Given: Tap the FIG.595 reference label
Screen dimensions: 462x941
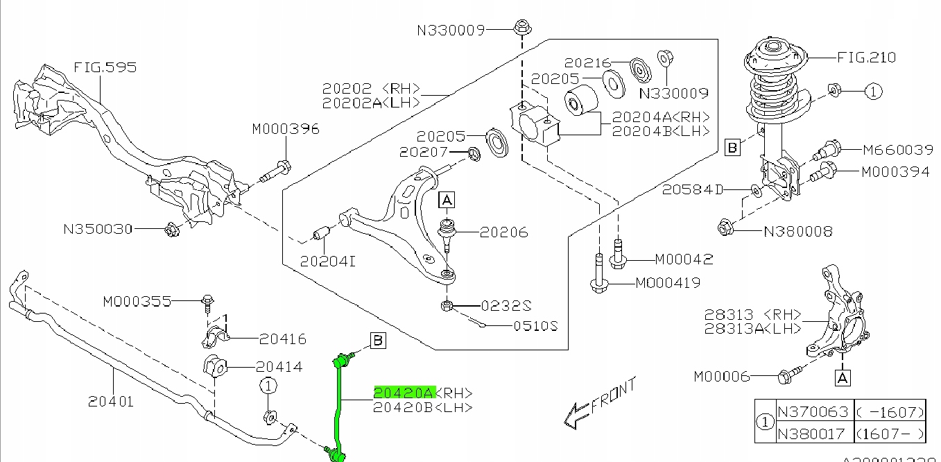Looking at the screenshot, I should pyautogui.click(x=105, y=67).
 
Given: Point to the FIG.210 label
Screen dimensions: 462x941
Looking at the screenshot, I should pyautogui.click(x=866, y=58).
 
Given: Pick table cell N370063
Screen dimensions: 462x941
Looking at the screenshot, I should pyautogui.click(x=813, y=413).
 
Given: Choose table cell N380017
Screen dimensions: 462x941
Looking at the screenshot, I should pyautogui.click(x=813, y=434).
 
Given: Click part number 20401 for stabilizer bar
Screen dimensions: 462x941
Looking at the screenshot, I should pyautogui.click(x=111, y=400).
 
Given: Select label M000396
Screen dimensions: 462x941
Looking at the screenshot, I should pyautogui.click(x=286, y=129).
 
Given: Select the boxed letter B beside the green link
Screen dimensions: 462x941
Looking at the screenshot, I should pyautogui.click(x=379, y=340).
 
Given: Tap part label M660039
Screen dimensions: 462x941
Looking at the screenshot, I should pyautogui.click(x=897, y=149).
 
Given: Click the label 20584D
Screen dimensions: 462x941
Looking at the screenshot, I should pyautogui.click(x=692, y=189).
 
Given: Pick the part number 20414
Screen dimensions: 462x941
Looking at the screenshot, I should pyautogui.click(x=279, y=367).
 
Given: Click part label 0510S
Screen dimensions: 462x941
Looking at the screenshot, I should pyautogui.click(x=535, y=326).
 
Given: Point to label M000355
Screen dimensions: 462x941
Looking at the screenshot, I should pyautogui.click(x=137, y=302).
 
